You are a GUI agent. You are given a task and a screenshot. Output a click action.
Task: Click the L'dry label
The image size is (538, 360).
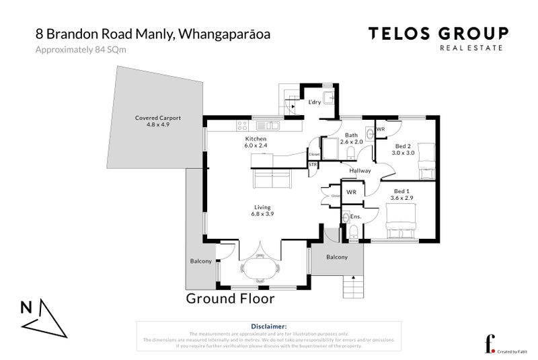pyautogui.click(x=314, y=102)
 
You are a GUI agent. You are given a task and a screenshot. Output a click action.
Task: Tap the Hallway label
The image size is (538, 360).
pyautogui.click(x=360, y=171)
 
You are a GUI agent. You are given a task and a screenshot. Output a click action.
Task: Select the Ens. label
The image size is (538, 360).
pyautogui.click(x=356, y=217)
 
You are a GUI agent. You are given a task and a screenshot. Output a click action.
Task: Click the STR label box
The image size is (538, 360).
pyautogui.click(x=313, y=164)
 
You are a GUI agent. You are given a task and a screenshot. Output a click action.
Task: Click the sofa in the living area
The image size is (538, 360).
pyautogui.click(x=272, y=179)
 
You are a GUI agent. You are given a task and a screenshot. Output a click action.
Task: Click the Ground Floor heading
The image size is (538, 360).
pyautogui.click(x=230, y=298)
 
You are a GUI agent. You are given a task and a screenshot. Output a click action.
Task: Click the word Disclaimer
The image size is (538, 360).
pyautogui.click(x=268, y=326)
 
